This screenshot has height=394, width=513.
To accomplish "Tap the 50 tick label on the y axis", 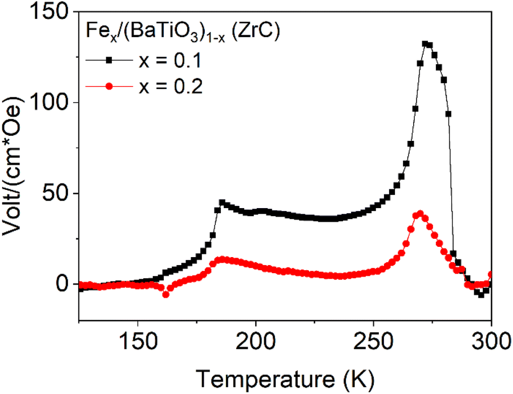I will coord(57,193).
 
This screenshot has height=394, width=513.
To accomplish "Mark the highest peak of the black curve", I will coord(425,44).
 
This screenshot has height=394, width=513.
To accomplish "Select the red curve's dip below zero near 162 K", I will coord(166,295).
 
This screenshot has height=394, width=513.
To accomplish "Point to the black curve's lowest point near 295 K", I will coord(481,295).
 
